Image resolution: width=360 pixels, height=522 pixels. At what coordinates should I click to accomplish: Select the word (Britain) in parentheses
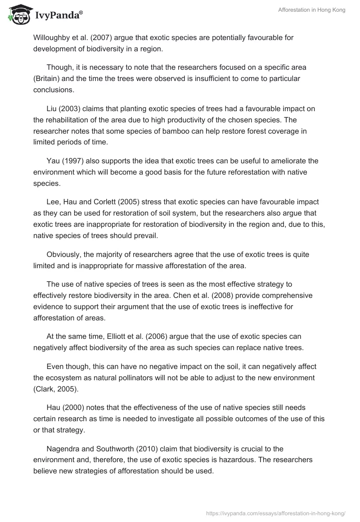[x=48, y=78]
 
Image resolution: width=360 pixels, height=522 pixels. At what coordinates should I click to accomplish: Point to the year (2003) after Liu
[x=68, y=109]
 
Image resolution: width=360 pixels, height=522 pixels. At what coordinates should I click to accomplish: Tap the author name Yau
[x=53, y=161]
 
